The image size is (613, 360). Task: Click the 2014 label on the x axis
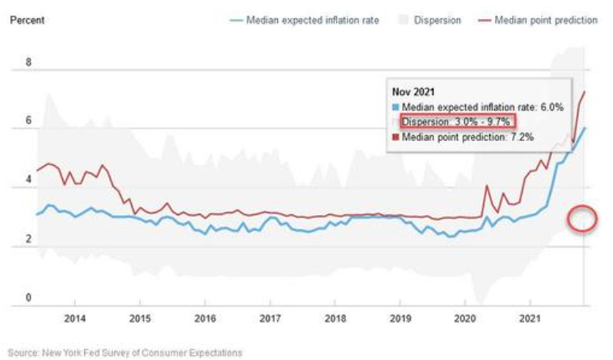point(75,318)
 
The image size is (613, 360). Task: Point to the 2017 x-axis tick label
point(270,318)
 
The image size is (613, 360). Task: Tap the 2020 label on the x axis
point(465,318)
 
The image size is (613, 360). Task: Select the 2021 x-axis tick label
point(530,318)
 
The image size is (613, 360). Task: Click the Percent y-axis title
point(26,21)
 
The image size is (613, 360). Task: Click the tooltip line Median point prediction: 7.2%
point(468,136)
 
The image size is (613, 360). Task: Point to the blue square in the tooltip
point(395,107)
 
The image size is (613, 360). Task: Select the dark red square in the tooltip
point(395,136)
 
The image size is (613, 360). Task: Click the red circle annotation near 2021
point(582,219)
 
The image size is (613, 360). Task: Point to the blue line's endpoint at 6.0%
point(585,128)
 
